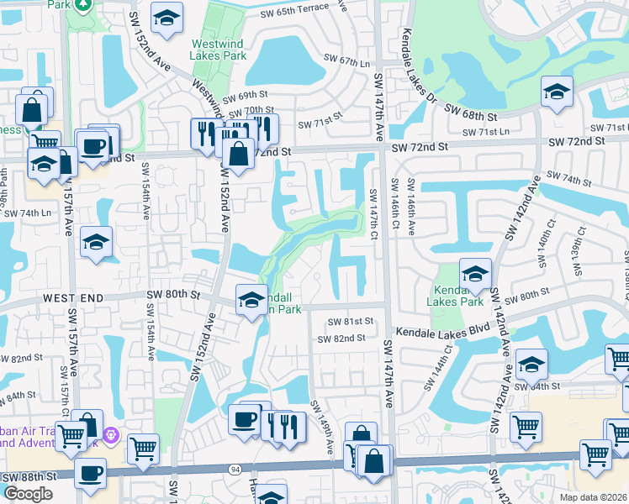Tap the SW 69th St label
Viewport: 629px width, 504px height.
click(x=245, y=96)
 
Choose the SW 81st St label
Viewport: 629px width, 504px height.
click(x=350, y=322)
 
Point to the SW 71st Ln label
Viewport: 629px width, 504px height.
click(x=486, y=132)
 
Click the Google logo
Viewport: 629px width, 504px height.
click(x=28, y=493)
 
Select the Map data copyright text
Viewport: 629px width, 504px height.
click(x=592, y=497)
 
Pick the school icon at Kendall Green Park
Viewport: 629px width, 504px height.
click(x=251, y=298)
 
